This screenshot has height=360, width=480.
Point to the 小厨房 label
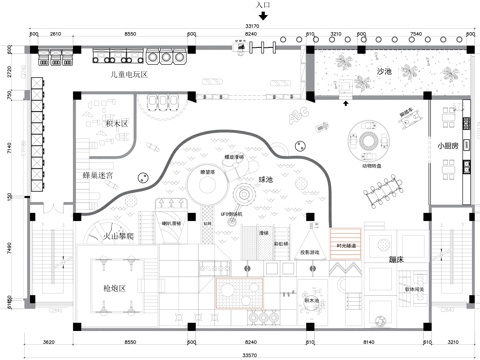pyautogui.click(x=448, y=144)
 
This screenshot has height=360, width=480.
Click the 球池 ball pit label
pyautogui.click(x=266, y=180)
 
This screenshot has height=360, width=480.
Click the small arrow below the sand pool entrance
pyautogui.click(x=346, y=102)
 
